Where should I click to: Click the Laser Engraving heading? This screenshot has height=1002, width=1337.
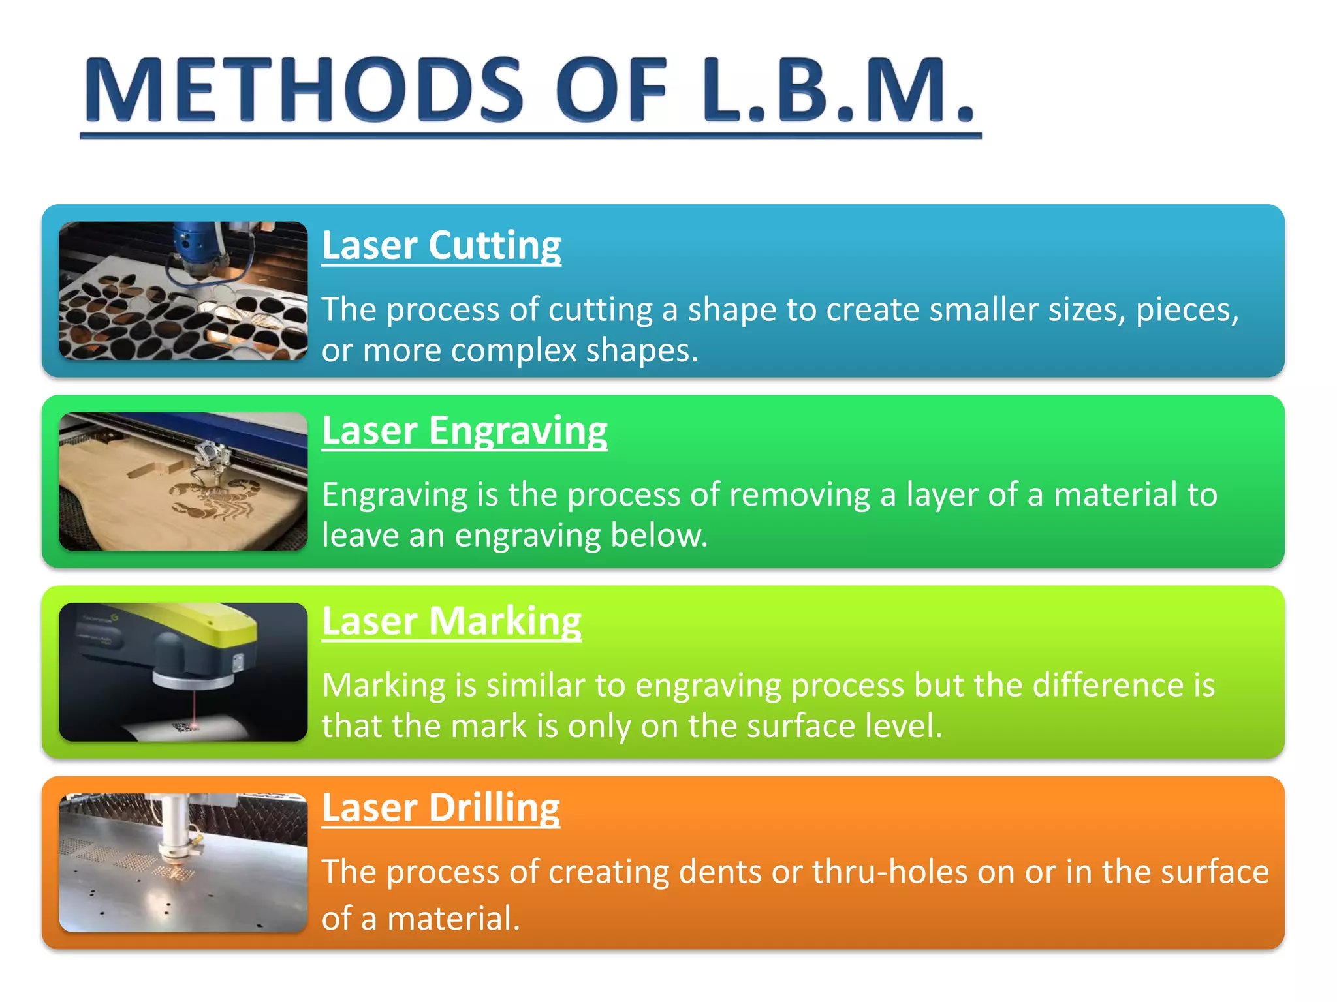(x=464, y=431)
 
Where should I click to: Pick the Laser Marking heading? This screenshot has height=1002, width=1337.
(x=451, y=621)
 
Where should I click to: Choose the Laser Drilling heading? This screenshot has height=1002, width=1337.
(x=441, y=808)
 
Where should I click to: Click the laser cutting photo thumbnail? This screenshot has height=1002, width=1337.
(x=183, y=291)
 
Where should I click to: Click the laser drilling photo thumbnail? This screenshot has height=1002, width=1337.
(x=183, y=862)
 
